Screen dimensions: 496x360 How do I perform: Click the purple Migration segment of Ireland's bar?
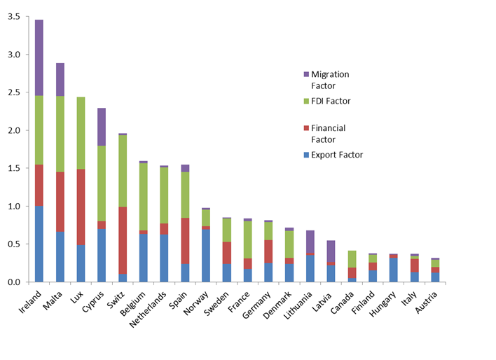pyautogui.click(x=39, y=57)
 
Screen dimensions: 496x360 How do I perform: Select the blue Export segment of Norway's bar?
pyautogui.click(x=205, y=256)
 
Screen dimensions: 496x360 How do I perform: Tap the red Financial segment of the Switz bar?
pyautogui.click(x=123, y=240)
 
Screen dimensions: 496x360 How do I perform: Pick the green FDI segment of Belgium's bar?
pyautogui.click(x=144, y=197)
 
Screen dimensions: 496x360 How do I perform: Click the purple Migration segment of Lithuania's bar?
pyautogui.click(x=310, y=242)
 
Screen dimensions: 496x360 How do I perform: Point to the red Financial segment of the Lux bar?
pyautogui.click(x=81, y=207)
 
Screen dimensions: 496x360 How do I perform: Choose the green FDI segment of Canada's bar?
pyautogui.click(x=352, y=259)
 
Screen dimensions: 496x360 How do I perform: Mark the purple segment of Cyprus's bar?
pyautogui.click(x=102, y=127)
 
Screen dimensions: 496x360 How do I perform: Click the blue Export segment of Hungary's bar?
pyautogui.click(x=394, y=270)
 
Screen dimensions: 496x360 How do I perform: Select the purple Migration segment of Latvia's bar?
pyautogui.click(x=331, y=251)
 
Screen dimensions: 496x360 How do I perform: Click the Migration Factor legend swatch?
pyautogui.click(x=306, y=74)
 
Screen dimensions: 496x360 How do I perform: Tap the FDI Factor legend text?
pyautogui.click(x=331, y=101)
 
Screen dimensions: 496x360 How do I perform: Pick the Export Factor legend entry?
pyautogui.click(x=333, y=155)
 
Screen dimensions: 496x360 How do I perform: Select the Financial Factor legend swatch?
pyautogui.click(x=306, y=128)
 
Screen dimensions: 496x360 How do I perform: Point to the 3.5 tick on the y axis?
pyautogui.click(x=27, y=16)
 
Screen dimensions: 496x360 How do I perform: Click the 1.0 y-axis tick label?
pyautogui.click(x=14, y=206)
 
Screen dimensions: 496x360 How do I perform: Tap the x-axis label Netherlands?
pyautogui.click(x=148, y=310)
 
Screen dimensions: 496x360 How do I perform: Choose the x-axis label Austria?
pyautogui.click(x=427, y=303)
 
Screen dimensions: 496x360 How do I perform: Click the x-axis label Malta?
pyautogui.click(x=53, y=300)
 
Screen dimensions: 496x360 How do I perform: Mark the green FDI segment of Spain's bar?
pyautogui.click(x=185, y=195)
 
